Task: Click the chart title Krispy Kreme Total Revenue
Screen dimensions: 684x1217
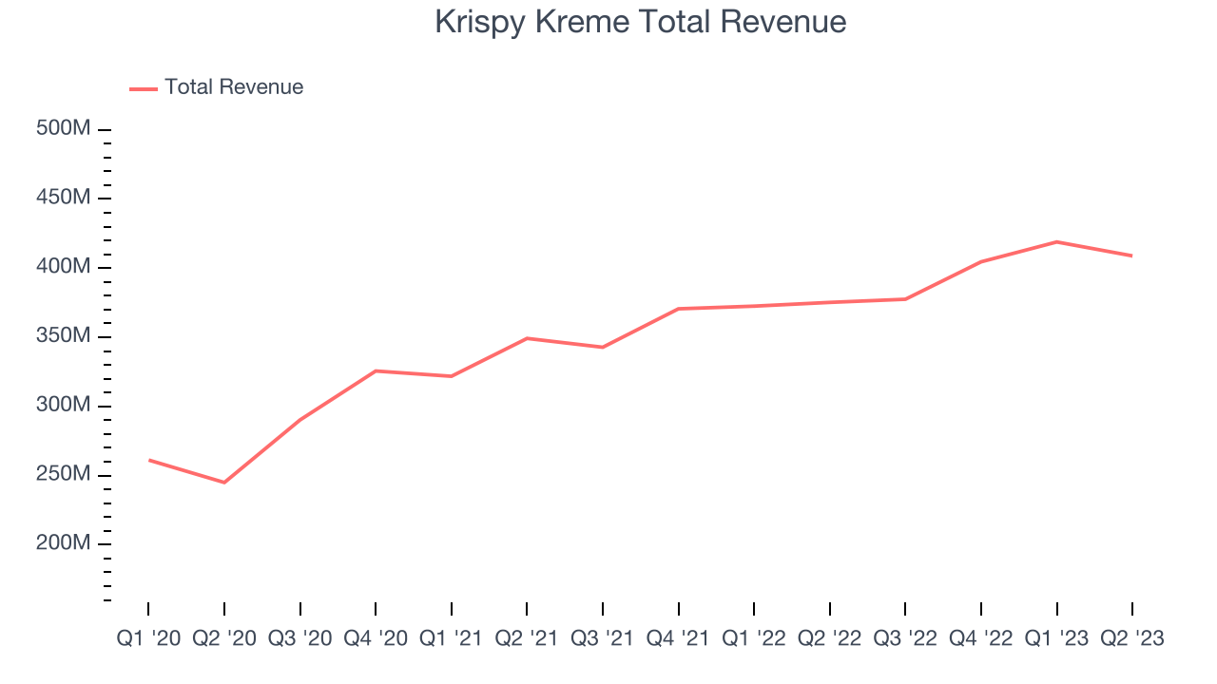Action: [640, 22]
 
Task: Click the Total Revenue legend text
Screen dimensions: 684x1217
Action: [234, 87]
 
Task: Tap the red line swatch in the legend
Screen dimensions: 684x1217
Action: [144, 88]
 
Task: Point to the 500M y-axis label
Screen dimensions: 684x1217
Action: [64, 128]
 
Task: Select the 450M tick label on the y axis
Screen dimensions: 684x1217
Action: [64, 198]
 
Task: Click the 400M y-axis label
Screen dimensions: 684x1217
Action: [64, 267]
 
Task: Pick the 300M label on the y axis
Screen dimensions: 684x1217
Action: [64, 406]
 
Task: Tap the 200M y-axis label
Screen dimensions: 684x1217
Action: [64, 543]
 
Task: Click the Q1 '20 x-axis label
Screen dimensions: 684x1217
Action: [148, 638]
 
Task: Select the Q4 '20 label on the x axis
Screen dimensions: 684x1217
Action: [376, 638]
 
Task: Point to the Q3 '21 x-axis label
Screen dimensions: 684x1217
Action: [602, 638]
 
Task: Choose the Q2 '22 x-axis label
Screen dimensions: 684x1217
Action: [829, 638]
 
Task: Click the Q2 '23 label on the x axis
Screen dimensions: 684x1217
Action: [1131, 638]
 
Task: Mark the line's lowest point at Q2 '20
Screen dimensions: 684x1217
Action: [224, 483]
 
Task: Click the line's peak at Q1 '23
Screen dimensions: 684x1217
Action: [1056, 241]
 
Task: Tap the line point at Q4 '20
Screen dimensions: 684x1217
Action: [376, 370]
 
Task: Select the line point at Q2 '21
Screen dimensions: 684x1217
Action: [527, 338]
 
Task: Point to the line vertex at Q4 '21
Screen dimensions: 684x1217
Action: [678, 309]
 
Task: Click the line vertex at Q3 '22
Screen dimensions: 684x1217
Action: [905, 299]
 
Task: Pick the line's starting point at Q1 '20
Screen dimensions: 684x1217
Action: [149, 460]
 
